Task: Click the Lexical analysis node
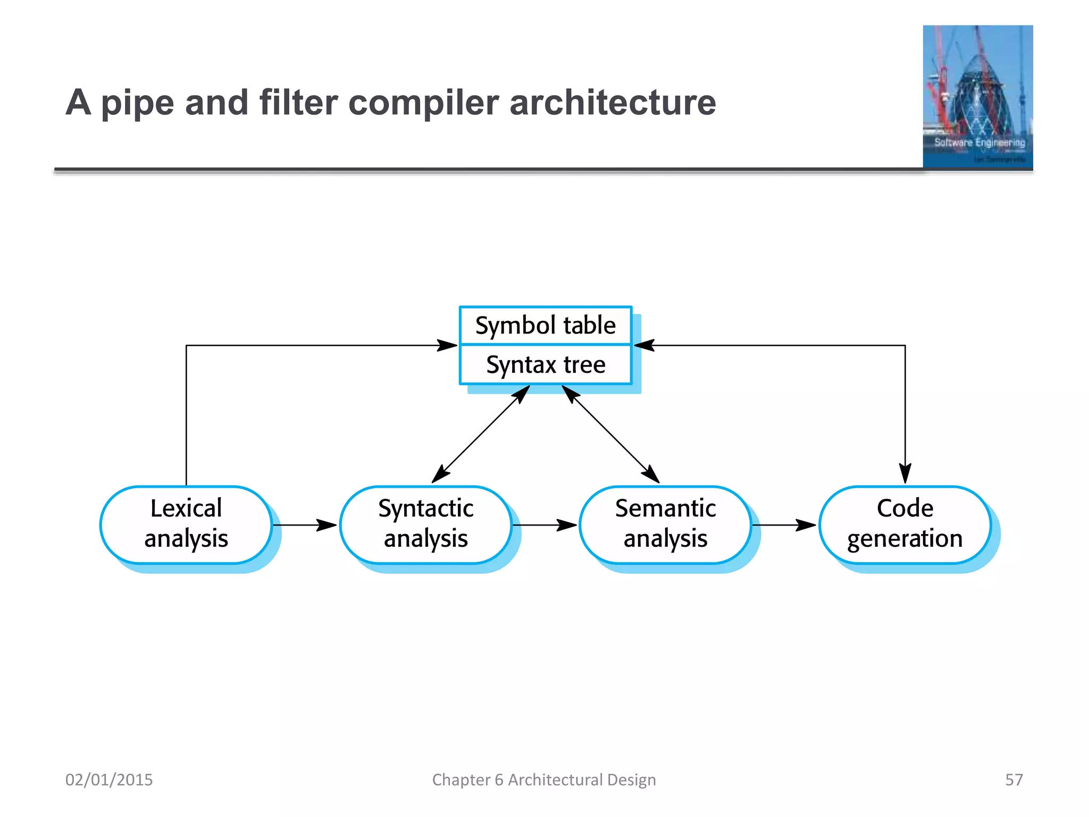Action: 186,524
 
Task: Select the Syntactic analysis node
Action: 426,524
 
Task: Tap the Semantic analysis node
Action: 665,524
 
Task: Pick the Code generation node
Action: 904,524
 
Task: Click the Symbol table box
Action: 546,326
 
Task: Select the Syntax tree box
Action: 546,365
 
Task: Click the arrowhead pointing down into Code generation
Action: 905,473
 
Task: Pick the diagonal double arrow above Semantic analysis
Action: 611,435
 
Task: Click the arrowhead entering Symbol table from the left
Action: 448,345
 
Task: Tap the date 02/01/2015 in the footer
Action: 109,780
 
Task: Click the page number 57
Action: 1013,780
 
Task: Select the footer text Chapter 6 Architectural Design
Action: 544,780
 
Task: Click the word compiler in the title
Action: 423,103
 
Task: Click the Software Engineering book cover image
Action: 977,97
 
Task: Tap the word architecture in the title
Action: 613,102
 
